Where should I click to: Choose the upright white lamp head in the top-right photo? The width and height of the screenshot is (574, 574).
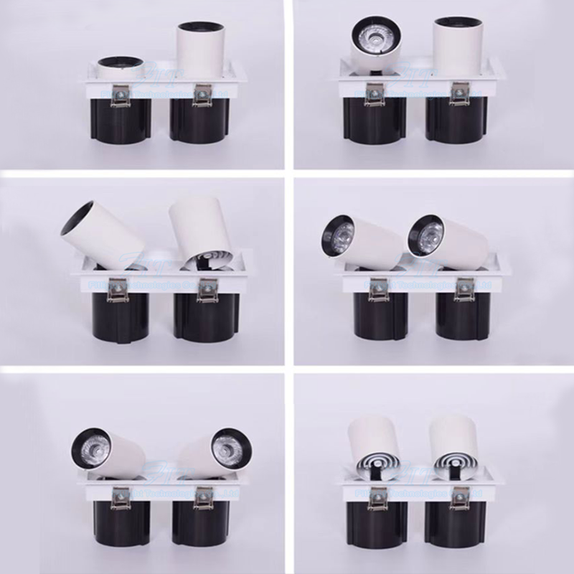(456, 49)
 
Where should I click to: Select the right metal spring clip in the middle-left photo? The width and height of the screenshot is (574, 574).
(210, 288)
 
